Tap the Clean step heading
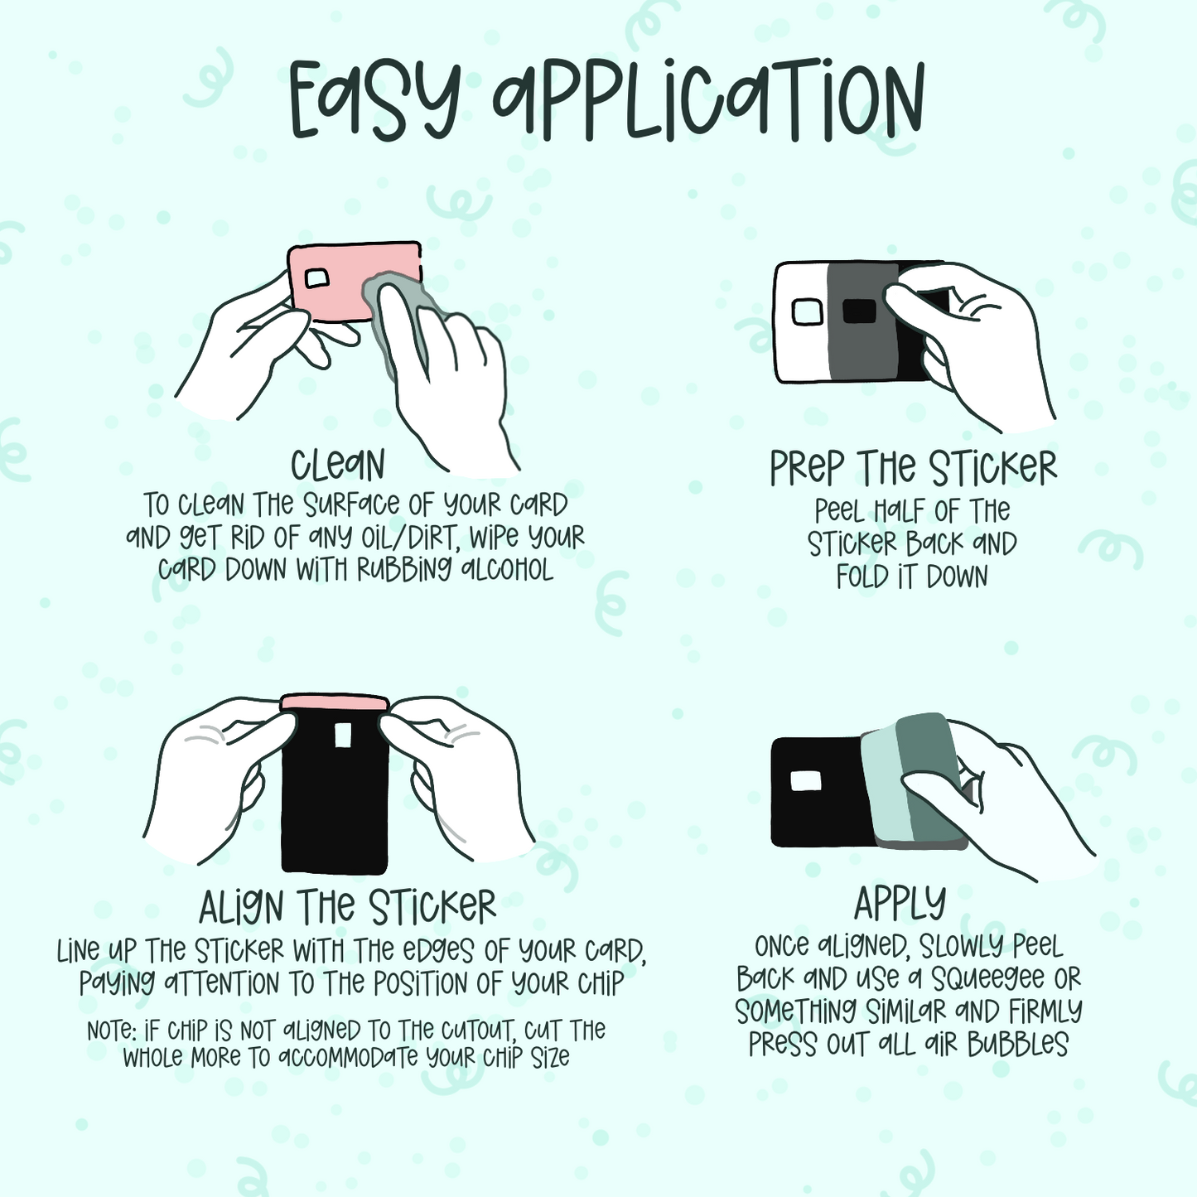[x=338, y=465]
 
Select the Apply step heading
[x=900, y=904]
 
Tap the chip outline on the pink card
[x=316, y=279]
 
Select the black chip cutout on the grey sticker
[x=859, y=311]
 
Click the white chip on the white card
[x=808, y=311]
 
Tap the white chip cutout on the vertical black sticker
[x=342, y=736]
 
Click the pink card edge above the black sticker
[x=335, y=702]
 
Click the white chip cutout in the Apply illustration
[x=805, y=781]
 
